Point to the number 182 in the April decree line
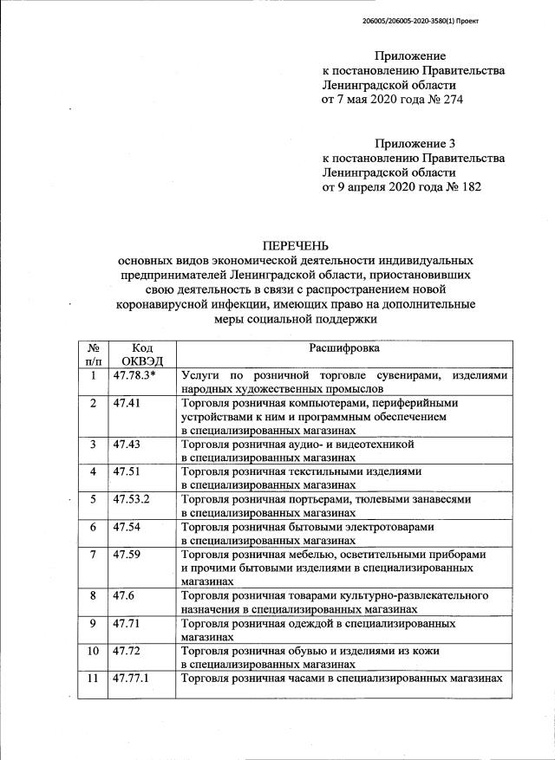[x=469, y=185]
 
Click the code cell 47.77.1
[x=131, y=678]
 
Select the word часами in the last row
[x=307, y=678]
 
